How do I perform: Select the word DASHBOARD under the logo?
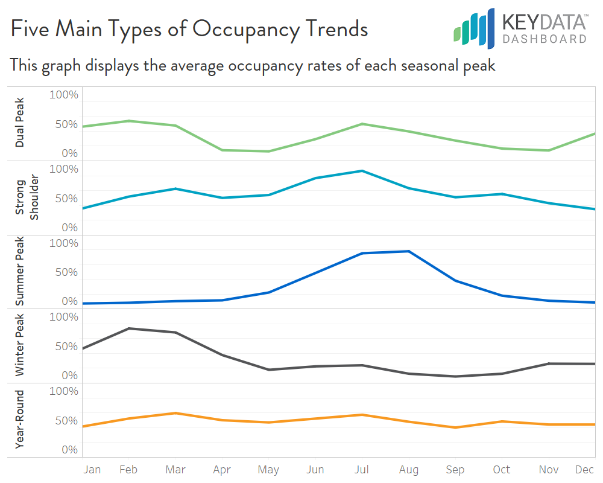click(545, 39)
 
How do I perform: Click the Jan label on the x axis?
click(92, 470)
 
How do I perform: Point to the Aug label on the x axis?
click(408, 470)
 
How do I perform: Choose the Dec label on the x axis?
click(584, 470)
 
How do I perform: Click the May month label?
click(268, 470)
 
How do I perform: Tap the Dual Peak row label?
click(20, 124)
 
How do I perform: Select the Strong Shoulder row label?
click(27, 199)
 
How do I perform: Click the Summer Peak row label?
click(20, 272)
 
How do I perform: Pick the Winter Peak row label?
click(20, 346)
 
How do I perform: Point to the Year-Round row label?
click(20, 420)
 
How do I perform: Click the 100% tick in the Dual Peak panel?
click(63, 95)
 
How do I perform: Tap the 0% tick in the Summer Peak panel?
click(70, 301)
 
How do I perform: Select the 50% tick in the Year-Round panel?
click(66, 420)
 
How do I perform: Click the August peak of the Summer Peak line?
click(408, 251)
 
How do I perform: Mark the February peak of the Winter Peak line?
click(128, 328)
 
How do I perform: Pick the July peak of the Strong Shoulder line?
click(361, 171)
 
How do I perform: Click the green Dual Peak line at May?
click(268, 151)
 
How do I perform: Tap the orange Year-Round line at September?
click(455, 427)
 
